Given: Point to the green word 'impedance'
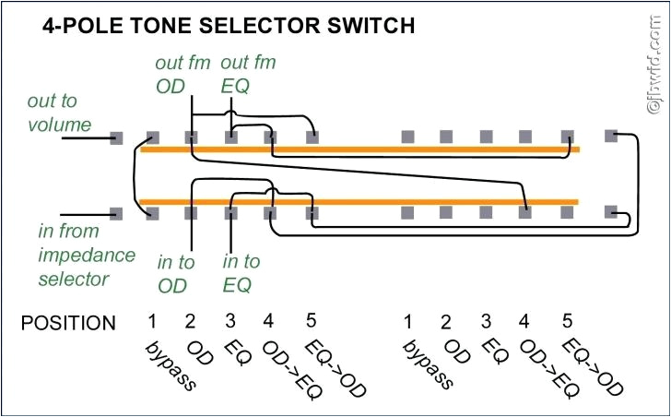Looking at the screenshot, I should coord(87,254).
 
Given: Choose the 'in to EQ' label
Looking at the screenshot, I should coord(241,274).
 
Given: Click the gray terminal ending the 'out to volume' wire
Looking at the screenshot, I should coord(116,138).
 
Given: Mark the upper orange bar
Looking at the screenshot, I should coord(359,149).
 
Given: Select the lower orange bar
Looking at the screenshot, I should coord(359,200).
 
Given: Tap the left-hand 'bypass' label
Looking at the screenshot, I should coord(171,365).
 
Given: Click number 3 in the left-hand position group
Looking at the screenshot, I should coord(229,322).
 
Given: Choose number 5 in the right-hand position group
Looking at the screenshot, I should coord(567,322).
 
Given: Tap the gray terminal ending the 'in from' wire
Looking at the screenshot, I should coord(116,213).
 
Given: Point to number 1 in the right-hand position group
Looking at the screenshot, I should coord(406,322).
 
